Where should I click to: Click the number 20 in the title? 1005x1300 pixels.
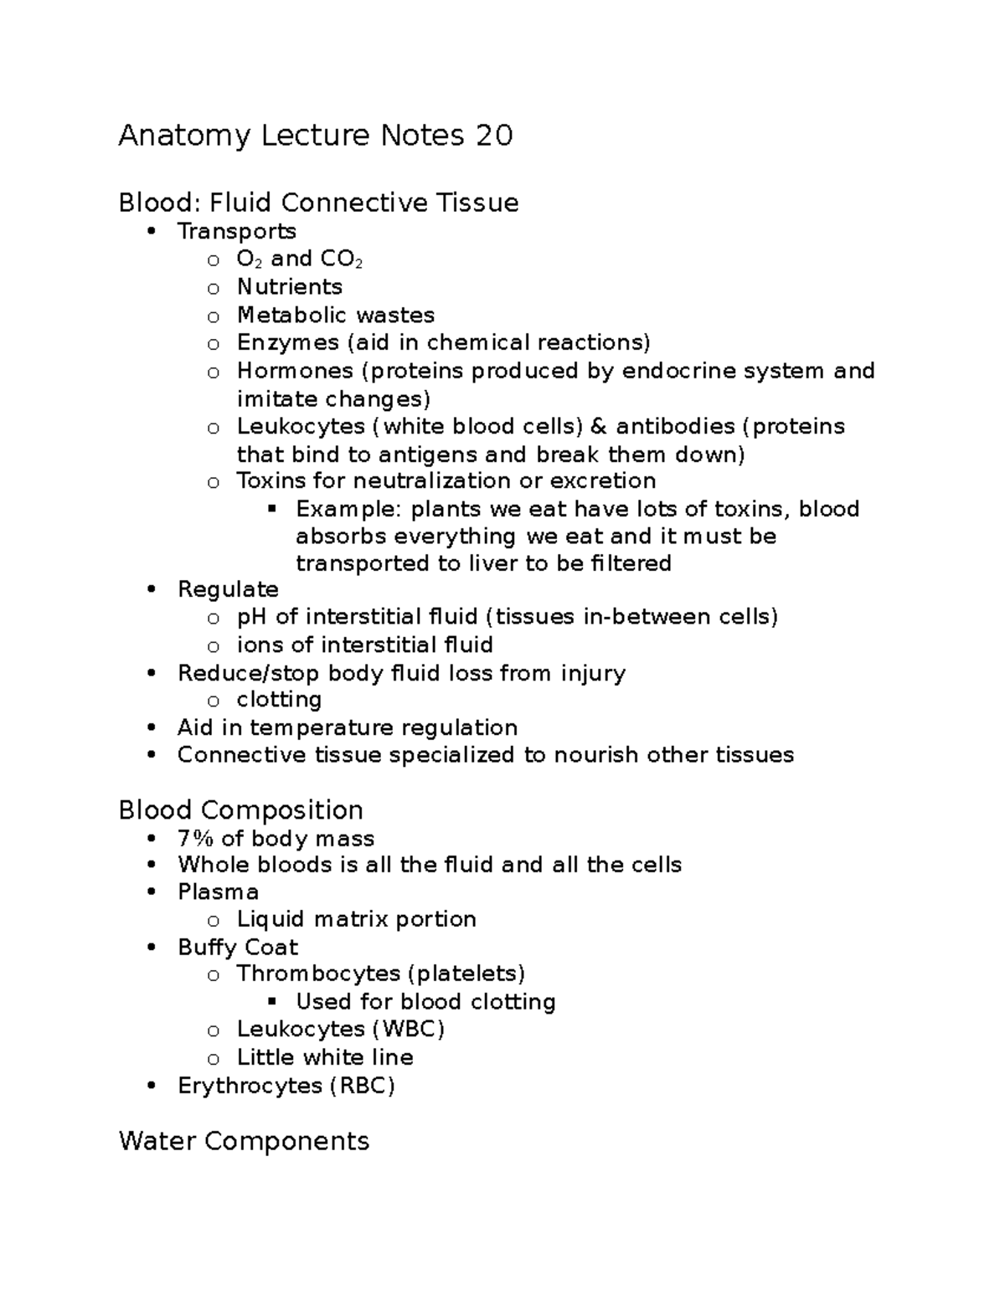click(x=494, y=136)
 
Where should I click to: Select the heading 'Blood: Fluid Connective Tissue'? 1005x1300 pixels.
click(x=318, y=203)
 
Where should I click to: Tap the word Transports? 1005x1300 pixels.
click(x=236, y=231)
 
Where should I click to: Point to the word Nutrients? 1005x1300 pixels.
click(x=289, y=287)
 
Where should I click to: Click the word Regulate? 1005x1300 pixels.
click(x=228, y=589)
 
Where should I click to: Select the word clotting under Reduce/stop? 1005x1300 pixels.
click(x=279, y=700)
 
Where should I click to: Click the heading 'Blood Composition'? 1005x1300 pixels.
click(x=240, y=810)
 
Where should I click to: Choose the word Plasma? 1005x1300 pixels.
click(x=218, y=892)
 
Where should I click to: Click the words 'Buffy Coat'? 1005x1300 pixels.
click(x=238, y=948)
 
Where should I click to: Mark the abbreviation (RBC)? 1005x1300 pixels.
click(x=362, y=1087)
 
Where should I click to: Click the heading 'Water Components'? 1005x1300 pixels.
click(x=244, y=1141)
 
